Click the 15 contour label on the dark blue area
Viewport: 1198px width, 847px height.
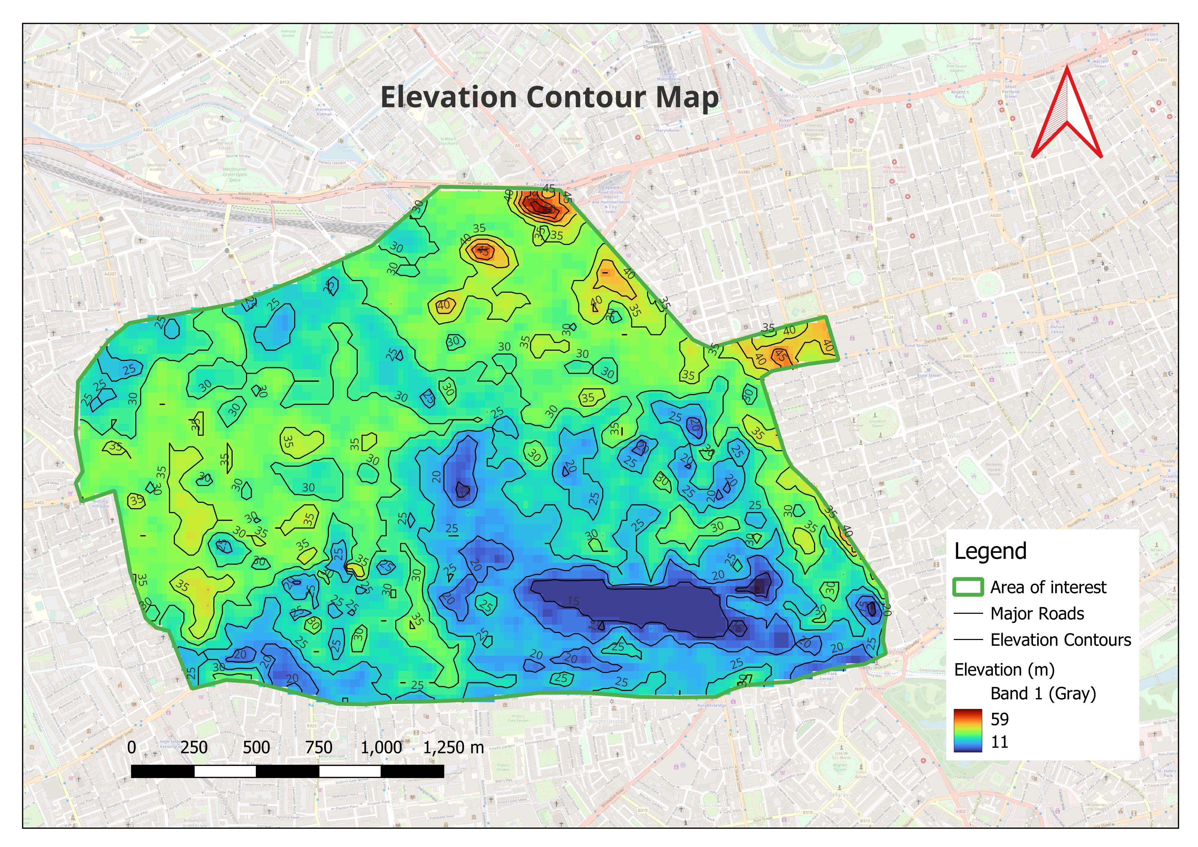pyautogui.click(x=573, y=601)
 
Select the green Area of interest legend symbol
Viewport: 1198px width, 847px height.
pyautogui.click(x=968, y=587)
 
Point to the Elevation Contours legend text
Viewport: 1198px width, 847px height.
pyautogui.click(x=1060, y=640)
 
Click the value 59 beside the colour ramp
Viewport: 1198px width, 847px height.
pyautogui.click(x=999, y=719)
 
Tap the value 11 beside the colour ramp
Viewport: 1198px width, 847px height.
pyautogui.click(x=999, y=742)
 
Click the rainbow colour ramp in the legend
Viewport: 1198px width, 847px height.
pyautogui.click(x=967, y=731)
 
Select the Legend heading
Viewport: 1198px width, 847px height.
pyautogui.click(x=990, y=551)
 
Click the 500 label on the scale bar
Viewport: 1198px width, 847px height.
pyautogui.click(x=256, y=747)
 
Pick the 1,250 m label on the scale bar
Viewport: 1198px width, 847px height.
pyautogui.click(x=453, y=747)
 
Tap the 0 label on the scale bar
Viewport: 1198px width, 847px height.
pyautogui.click(x=132, y=747)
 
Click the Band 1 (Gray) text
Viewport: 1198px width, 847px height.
pyautogui.click(x=1043, y=694)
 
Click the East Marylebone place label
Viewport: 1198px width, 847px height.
pyautogui.click(x=1070, y=230)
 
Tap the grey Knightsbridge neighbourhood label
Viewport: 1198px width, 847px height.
pyautogui.click(x=606, y=721)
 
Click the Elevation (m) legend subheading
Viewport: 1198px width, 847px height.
pyautogui.click(x=1004, y=670)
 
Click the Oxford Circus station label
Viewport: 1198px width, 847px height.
pyautogui.click(x=1057, y=329)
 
